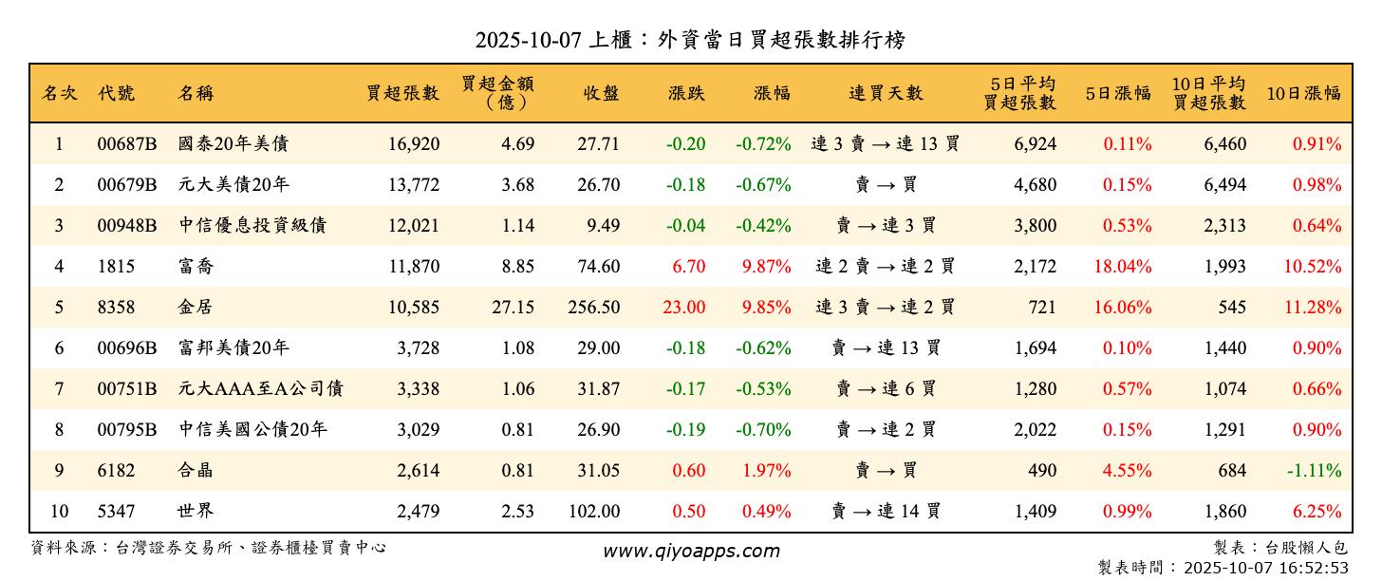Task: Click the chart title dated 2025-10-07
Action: pyautogui.click(x=690, y=39)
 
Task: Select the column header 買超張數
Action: pyautogui.click(x=402, y=93)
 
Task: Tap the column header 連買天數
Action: pyautogui.click(x=885, y=93)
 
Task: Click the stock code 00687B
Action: pyautogui.click(x=126, y=144)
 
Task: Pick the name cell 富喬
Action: pyautogui.click(x=196, y=267)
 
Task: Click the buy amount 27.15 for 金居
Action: pyautogui.click(x=514, y=308)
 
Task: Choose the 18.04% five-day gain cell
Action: pyautogui.click(x=1123, y=267)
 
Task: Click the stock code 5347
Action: pyautogui.click(x=116, y=512)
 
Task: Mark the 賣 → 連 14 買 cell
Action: pyautogui.click(x=885, y=512)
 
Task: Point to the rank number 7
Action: pyautogui.click(x=59, y=389)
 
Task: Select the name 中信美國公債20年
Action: pyautogui.click(x=252, y=430)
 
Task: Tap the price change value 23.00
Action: pyautogui.click(x=683, y=308)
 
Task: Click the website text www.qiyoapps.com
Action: pyautogui.click(x=690, y=551)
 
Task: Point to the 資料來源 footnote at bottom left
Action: pyautogui.click(x=209, y=548)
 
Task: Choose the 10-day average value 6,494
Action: pyautogui.click(x=1224, y=185)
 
